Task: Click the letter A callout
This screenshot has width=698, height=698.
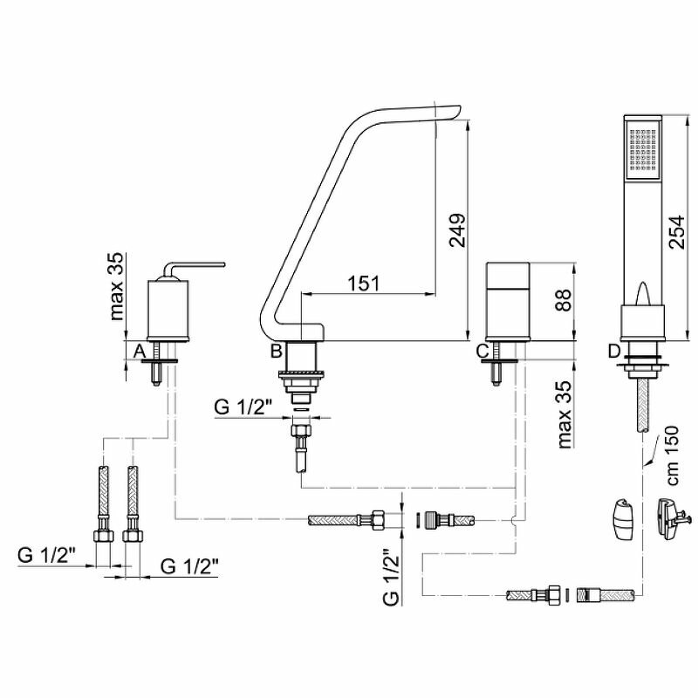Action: [x=138, y=351]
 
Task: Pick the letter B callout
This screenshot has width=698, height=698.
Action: [x=275, y=352]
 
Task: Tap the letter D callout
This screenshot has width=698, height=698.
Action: [x=614, y=351]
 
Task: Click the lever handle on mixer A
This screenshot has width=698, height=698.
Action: [x=196, y=263]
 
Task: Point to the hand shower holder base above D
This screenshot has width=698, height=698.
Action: [x=641, y=321]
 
